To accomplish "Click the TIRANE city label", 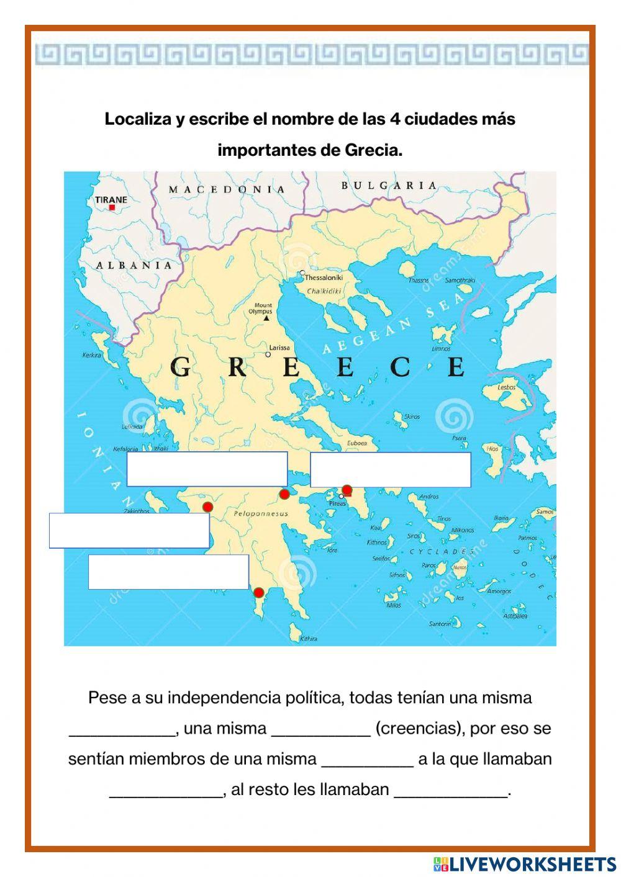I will click(x=111, y=199).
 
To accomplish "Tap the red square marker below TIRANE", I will click(x=112, y=208).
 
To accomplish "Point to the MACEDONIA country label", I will click(x=227, y=189).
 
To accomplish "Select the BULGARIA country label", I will click(x=389, y=185).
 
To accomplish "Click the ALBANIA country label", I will click(x=134, y=265).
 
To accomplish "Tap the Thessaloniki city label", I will click(x=324, y=277).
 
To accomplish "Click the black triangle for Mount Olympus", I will click(x=266, y=318).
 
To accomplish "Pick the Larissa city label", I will click(x=279, y=348).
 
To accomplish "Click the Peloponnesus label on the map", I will click(x=261, y=513).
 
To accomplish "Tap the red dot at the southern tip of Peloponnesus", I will click(x=259, y=592).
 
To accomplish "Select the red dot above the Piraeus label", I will click(x=347, y=490).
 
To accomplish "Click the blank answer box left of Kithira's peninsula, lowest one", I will click(x=168, y=572).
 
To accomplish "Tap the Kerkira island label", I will click(x=91, y=356).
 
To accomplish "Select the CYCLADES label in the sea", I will click(x=442, y=551).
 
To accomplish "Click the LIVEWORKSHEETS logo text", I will click(x=532, y=863).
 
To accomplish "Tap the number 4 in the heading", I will click(x=394, y=119).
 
